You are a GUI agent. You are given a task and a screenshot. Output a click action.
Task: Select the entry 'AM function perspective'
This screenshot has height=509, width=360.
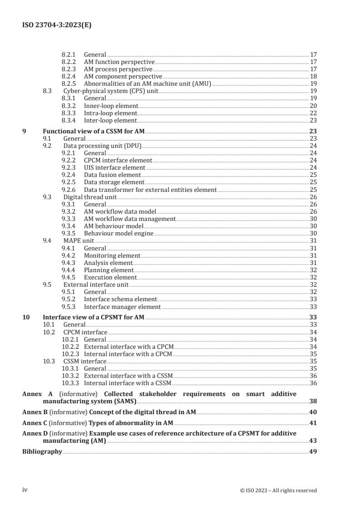tap(119, 61)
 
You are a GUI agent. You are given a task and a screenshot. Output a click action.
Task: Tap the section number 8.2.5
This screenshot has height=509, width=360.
tap(69, 83)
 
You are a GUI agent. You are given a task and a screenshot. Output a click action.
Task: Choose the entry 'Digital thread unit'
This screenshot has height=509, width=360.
tap(90, 197)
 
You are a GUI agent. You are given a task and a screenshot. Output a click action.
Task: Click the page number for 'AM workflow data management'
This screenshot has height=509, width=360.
tap(313, 219)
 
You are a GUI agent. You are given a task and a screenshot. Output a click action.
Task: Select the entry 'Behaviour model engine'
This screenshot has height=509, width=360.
tap(118, 234)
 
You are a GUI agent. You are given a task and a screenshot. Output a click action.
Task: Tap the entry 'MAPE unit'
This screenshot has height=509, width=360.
tap(75, 241)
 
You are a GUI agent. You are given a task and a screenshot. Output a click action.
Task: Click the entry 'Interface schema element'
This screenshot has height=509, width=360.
tap(120, 299)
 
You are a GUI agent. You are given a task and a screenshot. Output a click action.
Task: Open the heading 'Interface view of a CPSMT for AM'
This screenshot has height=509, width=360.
tap(93, 318)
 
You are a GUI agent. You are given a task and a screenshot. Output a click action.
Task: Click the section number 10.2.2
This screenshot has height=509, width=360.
tap(70, 347)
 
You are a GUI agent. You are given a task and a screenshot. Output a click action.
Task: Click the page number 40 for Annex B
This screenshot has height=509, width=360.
tap(313, 412)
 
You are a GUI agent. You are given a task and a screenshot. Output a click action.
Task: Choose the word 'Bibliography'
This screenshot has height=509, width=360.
tap(42, 451)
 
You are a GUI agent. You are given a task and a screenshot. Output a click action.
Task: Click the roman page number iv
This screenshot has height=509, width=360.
tap(25, 490)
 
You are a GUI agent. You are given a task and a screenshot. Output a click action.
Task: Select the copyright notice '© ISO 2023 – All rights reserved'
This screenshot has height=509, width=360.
tap(278, 490)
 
